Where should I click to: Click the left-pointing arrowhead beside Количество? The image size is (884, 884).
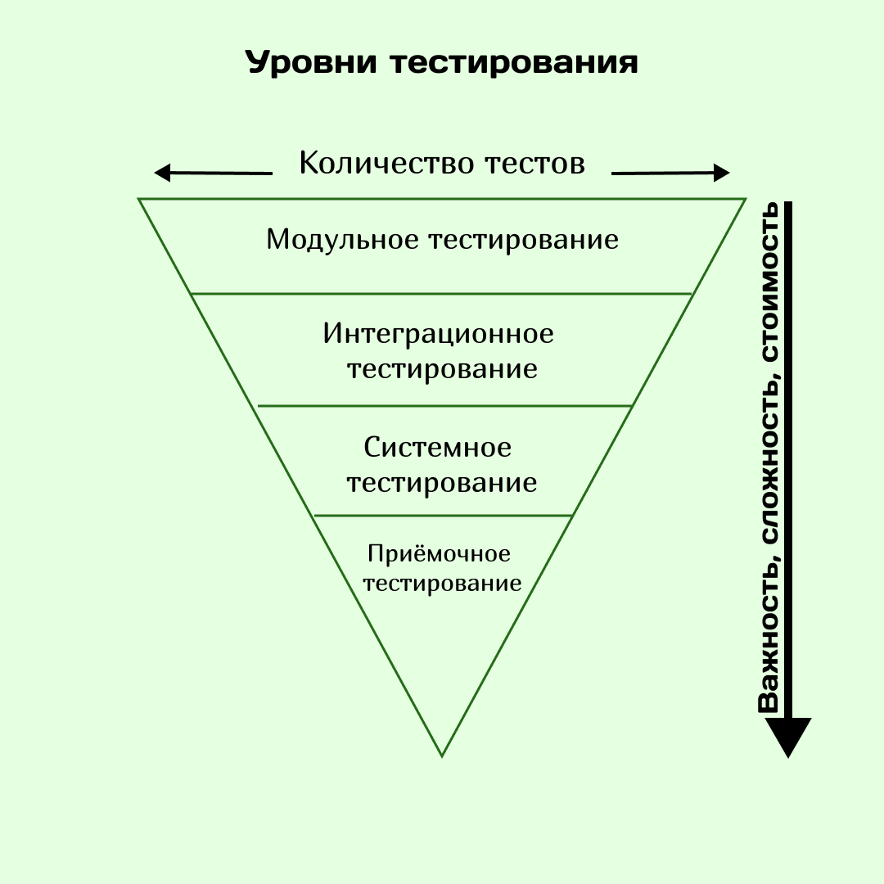coord(163,173)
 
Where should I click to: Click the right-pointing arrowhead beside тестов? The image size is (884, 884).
coord(720,173)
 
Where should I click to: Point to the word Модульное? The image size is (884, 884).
coord(342,240)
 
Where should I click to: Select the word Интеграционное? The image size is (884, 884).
coord(439,333)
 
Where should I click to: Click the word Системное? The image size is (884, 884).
coord(438,448)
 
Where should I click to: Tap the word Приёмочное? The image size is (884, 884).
coord(440,554)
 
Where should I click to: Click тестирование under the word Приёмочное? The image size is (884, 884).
coord(442,584)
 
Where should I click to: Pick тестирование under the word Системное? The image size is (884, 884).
coord(442,482)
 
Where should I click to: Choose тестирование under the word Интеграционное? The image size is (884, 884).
coord(442,368)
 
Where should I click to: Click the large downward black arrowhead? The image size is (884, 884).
coord(787,736)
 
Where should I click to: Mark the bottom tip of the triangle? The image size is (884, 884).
coord(442,754)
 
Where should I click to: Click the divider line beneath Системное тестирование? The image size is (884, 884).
coord(442,516)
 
